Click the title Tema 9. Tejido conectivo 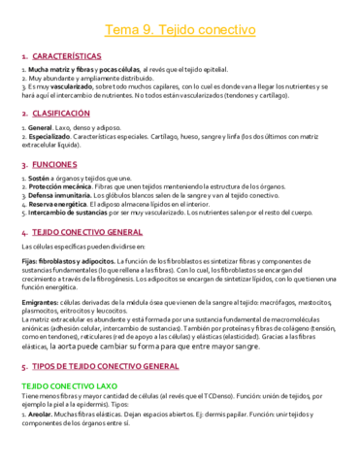180,32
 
